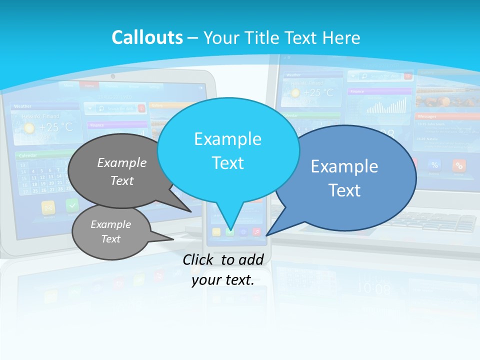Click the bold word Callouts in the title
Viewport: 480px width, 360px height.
pyautogui.click(x=147, y=37)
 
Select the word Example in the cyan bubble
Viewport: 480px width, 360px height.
pyautogui.click(x=227, y=139)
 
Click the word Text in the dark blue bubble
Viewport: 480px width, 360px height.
pyautogui.click(x=344, y=190)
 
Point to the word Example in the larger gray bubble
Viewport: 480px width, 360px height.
pyautogui.click(x=122, y=162)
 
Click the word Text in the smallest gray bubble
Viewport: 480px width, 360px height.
pyautogui.click(x=110, y=239)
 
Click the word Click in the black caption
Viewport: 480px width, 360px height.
pyautogui.click(x=199, y=259)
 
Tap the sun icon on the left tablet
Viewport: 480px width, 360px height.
pyautogui.click(x=29, y=128)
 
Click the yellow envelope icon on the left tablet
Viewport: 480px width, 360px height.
pyautogui.click(x=48, y=207)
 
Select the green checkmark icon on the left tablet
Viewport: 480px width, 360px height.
pyautogui.click(x=72, y=205)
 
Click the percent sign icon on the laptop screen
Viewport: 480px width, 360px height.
pyautogui.click(x=434, y=165)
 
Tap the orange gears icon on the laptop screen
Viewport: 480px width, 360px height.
pyautogui.click(x=459, y=165)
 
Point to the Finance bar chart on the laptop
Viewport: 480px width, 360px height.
pyautogui.click(x=386, y=105)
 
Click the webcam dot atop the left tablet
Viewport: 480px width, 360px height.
pyautogui.click(x=113, y=76)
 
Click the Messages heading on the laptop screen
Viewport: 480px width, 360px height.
pyautogui.click(x=427, y=116)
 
